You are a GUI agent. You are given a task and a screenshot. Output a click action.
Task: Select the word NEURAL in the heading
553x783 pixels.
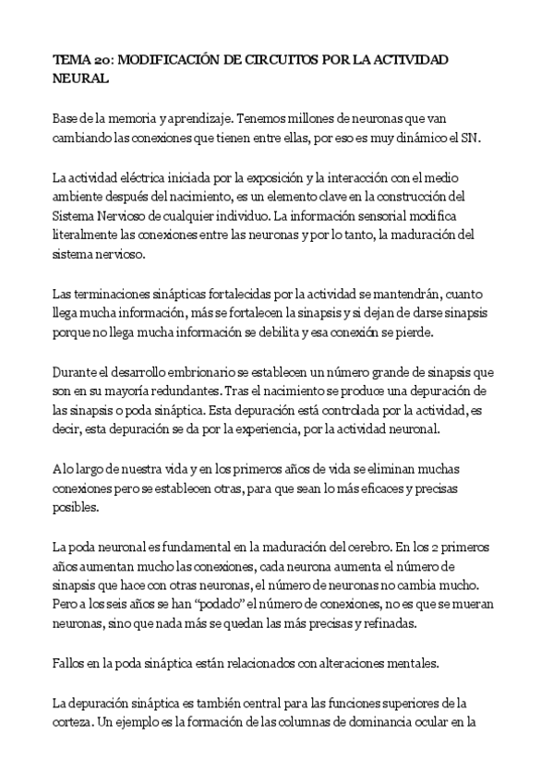[x=81, y=79]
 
